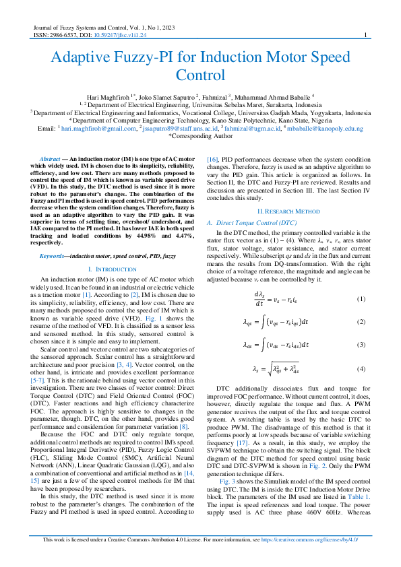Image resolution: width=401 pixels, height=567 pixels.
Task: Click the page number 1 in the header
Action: (x=365, y=35)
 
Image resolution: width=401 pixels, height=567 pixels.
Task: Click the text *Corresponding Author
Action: (x=200, y=135)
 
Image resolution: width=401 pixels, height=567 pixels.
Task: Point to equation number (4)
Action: (x=361, y=368)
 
